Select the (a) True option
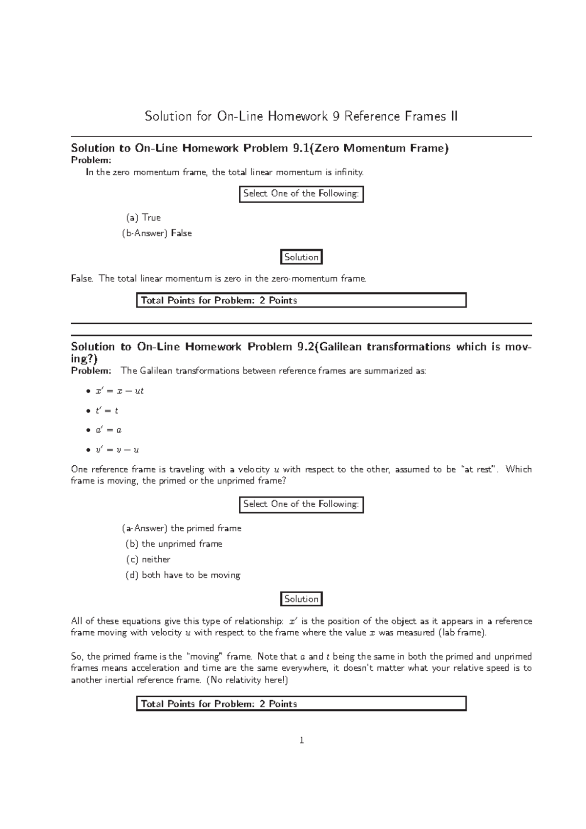tap(143, 218)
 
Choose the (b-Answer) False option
tap(157, 233)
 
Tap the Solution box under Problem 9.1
tap(301, 257)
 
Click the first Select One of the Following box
tap(301, 194)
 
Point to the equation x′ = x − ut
tap(119, 391)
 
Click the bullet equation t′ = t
tap(107, 411)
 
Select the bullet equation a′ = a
tap(108, 430)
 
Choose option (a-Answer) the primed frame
tap(182, 528)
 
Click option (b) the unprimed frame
tap(174, 544)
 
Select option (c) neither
tap(148, 560)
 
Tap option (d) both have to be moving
tap(183, 575)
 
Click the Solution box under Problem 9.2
tap(301, 599)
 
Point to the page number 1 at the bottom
tap(302, 741)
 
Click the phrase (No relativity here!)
tap(248, 680)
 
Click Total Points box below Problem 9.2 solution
tap(301, 704)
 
